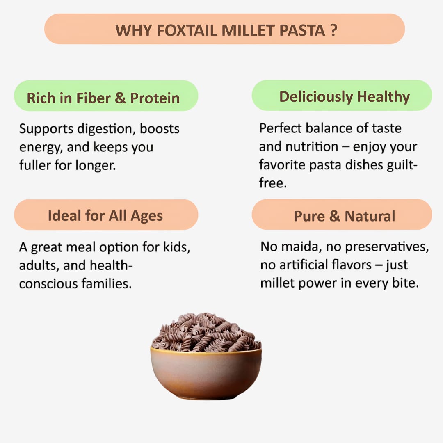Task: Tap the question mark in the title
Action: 333,30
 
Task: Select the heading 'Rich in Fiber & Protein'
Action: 103,98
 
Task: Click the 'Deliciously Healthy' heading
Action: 345,96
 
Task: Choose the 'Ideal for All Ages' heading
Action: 105,216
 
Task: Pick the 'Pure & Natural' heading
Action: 345,216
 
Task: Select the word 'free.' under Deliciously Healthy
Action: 273,183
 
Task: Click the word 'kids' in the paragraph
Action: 177,247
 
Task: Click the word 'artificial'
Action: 305,265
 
